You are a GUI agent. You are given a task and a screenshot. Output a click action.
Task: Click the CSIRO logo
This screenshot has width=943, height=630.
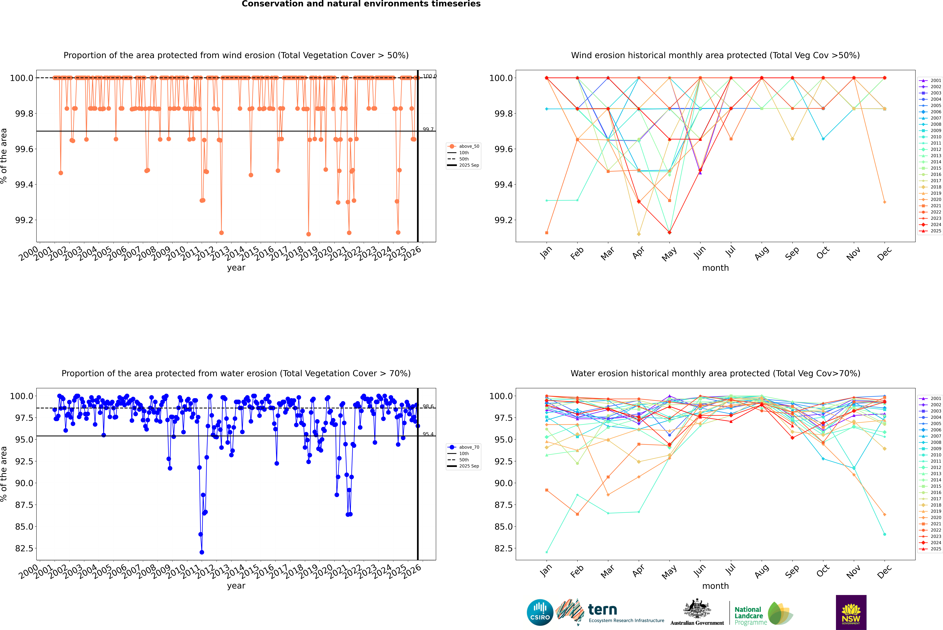point(540,612)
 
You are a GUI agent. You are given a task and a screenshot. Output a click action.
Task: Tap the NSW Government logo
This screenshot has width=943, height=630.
point(851,612)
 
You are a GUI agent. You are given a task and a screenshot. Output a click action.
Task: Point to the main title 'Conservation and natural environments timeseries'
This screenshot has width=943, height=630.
point(361,4)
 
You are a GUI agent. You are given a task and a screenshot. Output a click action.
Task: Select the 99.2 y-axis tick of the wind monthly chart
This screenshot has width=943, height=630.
point(503,220)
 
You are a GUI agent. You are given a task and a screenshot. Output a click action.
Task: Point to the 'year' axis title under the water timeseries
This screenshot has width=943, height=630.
point(236,586)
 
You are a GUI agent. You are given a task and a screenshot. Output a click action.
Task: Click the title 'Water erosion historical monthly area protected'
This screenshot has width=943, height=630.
point(715,373)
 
